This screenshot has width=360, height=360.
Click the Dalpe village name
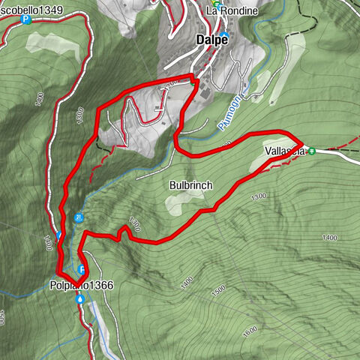tap(211, 40)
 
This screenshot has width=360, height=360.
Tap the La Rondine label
tap(232, 11)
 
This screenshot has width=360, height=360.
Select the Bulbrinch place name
tap(191, 184)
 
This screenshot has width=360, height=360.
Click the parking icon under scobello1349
tap(27, 19)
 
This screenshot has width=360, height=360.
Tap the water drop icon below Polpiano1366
tap(80, 298)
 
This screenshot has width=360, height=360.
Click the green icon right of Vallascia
tap(311, 151)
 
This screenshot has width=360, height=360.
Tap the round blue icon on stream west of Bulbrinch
tap(79, 218)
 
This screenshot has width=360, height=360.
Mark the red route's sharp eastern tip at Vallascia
tap(302, 142)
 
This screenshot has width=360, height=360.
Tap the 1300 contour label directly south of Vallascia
tap(259, 196)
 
